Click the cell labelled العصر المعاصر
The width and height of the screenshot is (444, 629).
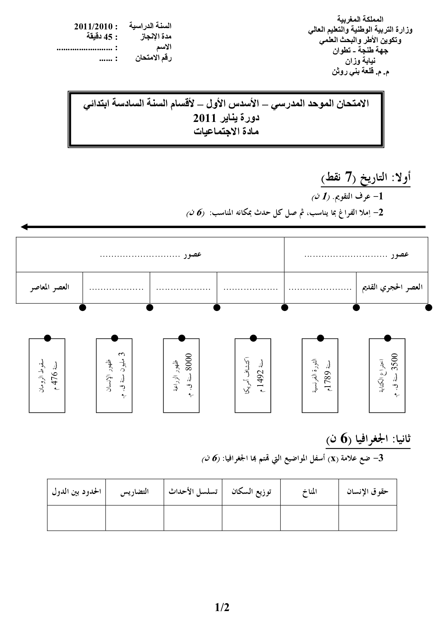[49, 288]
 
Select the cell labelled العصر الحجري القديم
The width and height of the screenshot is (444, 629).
[392, 288]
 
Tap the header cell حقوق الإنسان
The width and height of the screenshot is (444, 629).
[368, 492]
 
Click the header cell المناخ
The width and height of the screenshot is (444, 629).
[309, 492]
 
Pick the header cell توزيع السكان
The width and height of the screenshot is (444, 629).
[251, 492]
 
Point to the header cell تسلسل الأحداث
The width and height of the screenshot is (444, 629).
[193, 492]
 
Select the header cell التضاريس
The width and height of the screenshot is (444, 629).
[135, 492]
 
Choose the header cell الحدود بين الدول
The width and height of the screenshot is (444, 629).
[76, 492]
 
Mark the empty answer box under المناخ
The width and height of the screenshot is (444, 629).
[309, 518]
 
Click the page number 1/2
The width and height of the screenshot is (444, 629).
[222, 608]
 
